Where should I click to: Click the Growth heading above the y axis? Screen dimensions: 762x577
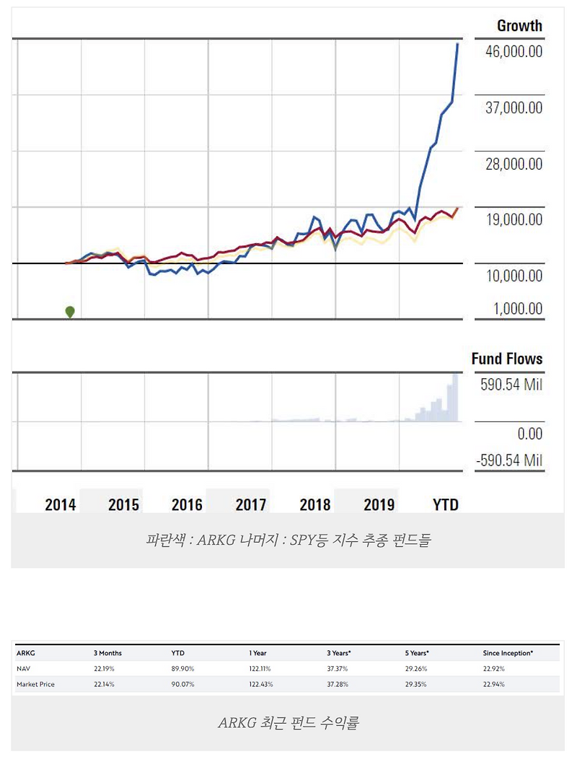(x=519, y=26)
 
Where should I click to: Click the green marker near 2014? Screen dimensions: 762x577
(x=70, y=312)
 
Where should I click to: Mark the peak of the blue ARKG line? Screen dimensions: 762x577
(x=457, y=44)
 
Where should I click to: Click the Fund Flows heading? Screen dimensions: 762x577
(x=506, y=359)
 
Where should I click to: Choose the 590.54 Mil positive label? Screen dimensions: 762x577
(x=511, y=385)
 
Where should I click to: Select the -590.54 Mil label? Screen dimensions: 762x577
(x=509, y=460)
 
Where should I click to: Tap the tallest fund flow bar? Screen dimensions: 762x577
(x=455, y=397)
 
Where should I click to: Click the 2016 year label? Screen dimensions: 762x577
(x=187, y=504)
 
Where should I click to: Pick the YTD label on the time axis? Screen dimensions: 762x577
(x=445, y=504)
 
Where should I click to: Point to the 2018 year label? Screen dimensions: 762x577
(x=315, y=504)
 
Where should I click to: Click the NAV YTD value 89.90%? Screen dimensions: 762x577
(x=182, y=669)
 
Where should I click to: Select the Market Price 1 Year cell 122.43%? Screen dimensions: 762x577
(x=261, y=683)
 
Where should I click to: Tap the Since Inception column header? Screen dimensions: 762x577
(x=508, y=653)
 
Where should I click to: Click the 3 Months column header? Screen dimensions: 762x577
(x=107, y=653)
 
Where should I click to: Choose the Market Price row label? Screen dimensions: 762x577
(x=35, y=683)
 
